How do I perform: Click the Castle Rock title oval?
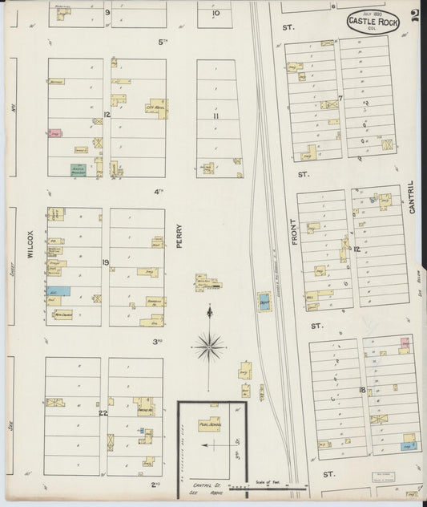(x=373, y=22)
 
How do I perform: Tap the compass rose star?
(x=209, y=347)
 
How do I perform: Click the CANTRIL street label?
(x=412, y=197)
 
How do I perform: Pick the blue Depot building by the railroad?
(x=264, y=302)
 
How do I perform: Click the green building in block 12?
(x=80, y=169)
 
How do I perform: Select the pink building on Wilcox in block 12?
(x=55, y=133)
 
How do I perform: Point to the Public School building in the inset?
(x=210, y=425)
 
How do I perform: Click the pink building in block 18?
(x=405, y=344)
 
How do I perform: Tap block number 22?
(x=103, y=413)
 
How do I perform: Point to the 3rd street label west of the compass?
(x=159, y=342)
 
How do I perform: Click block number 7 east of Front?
(x=340, y=99)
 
